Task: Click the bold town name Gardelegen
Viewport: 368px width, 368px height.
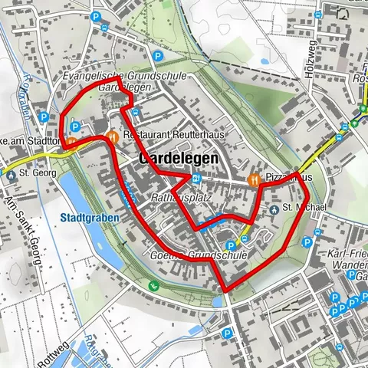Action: [179, 158]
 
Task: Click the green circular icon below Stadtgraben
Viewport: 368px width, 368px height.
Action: [153, 285]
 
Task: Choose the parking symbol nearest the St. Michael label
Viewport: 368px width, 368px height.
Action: [307, 242]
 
